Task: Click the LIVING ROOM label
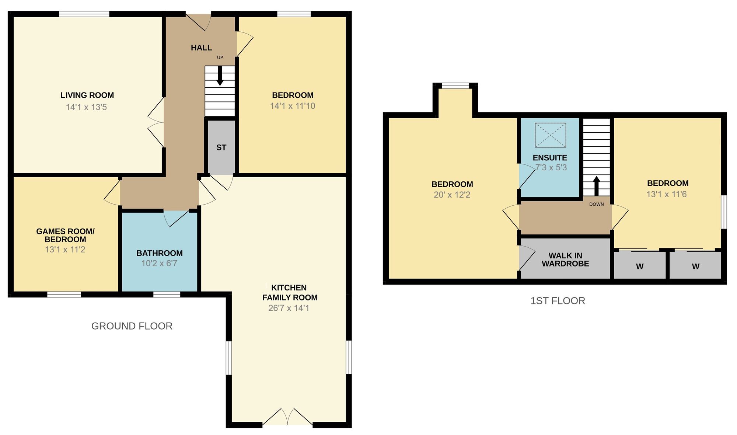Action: click(87, 95)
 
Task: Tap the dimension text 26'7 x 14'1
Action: click(289, 308)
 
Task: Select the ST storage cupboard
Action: click(221, 147)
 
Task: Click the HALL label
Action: click(201, 48)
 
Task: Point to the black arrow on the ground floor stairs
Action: click(220, 76)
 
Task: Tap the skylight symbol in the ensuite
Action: click(550, 135)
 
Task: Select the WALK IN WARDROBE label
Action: click(565, 260)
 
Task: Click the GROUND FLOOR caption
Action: click(132, 326)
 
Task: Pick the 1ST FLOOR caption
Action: click(558, 301)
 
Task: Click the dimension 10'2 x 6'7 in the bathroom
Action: click(159, 263)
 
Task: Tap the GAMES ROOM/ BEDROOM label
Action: click(65, 235)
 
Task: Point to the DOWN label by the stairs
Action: click(596, 204)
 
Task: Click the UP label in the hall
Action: click(220, 58)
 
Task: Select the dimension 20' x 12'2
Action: click(452, 195)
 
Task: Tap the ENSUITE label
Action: click(550, 158)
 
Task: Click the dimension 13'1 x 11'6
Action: click(667, 194)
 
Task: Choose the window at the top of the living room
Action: click(84, 14)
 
